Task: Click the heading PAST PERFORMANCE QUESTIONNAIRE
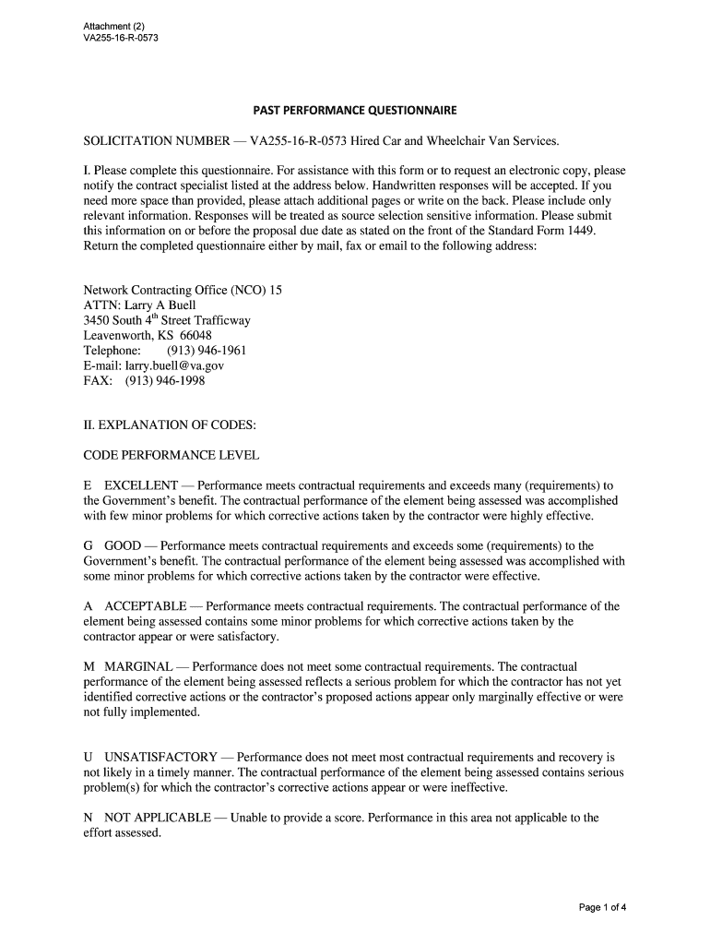click(355, 111)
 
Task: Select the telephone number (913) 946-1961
click(207, 351)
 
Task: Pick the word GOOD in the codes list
click(123, 545)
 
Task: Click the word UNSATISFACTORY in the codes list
click(160, 757)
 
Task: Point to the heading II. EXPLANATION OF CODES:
click(170, 425)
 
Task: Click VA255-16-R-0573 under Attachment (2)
click(114, 38)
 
